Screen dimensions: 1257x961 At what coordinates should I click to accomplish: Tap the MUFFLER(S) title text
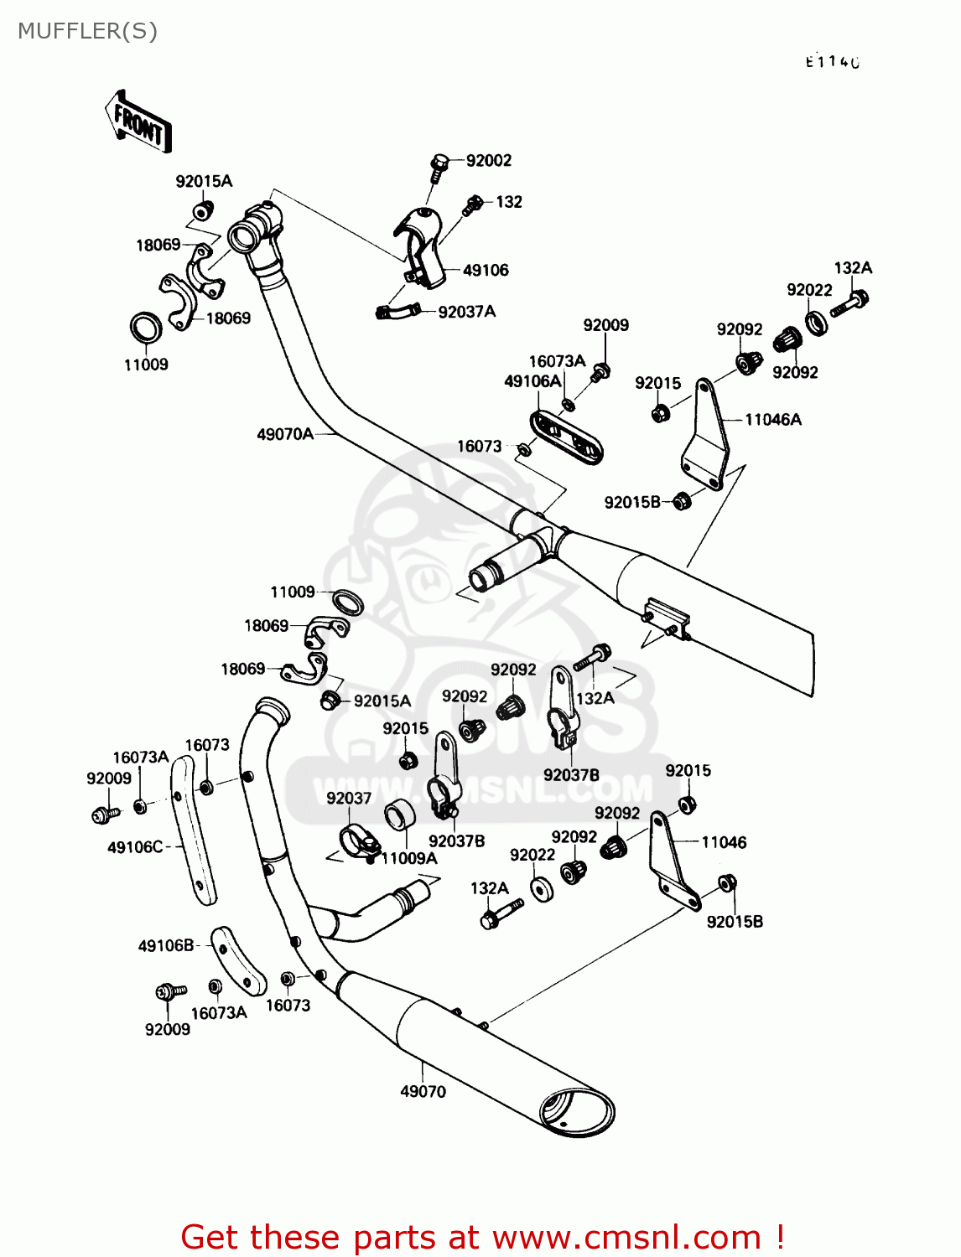(87, 31)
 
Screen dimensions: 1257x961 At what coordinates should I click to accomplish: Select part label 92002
(488, 160)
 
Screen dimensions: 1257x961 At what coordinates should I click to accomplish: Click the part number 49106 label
(486, 270)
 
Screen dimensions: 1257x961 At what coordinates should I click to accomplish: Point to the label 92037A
(466, 312)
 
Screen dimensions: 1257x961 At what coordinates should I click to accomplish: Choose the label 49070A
(284, 434)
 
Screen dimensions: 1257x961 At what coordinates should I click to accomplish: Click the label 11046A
(772, 419)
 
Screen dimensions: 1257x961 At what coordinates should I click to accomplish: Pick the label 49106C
(135, 847)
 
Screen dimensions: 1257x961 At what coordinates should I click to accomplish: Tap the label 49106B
(166, 945)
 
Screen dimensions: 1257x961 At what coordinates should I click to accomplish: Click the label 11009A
(409, 858)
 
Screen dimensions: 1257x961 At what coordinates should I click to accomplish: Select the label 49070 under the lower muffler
(423, 1091)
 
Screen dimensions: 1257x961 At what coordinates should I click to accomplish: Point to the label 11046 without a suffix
(724, 842)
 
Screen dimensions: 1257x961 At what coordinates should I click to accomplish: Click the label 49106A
(532, 381)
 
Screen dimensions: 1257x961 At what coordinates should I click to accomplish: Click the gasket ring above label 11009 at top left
(146, 328)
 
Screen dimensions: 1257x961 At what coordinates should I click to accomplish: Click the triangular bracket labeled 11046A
(704, 436)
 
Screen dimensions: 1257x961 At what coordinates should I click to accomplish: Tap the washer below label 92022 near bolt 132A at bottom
(542, 888)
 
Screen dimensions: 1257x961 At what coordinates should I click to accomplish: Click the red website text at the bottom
(482, 1237)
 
